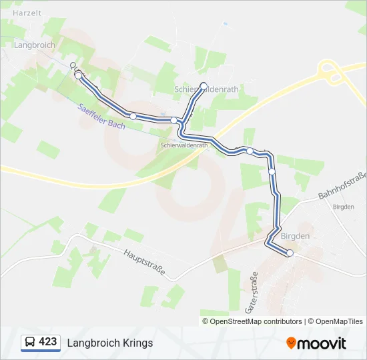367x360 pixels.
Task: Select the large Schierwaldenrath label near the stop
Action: click(x=206, y=89)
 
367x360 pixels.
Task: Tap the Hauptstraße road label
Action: click(x=144, y=263)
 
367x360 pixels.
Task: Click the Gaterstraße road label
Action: click(x=252, y=293)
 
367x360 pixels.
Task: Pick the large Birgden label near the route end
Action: click(x=296, y=236)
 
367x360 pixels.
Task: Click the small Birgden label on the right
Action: click(x=343, y=207)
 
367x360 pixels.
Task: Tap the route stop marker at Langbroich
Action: click(x=79, y=76)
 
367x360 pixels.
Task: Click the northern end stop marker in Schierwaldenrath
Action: click(x=204, y=85)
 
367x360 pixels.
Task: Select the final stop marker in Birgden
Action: click(x=290, y=253)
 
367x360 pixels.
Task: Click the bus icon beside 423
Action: click(x=29, y=343)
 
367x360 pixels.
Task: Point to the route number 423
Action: click(x=48, y=342)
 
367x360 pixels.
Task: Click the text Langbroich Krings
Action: click(x=109, y=343)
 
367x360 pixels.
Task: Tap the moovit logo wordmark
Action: click(x=322, y=343)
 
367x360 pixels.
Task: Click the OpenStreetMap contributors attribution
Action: click(x=256, y=321)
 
